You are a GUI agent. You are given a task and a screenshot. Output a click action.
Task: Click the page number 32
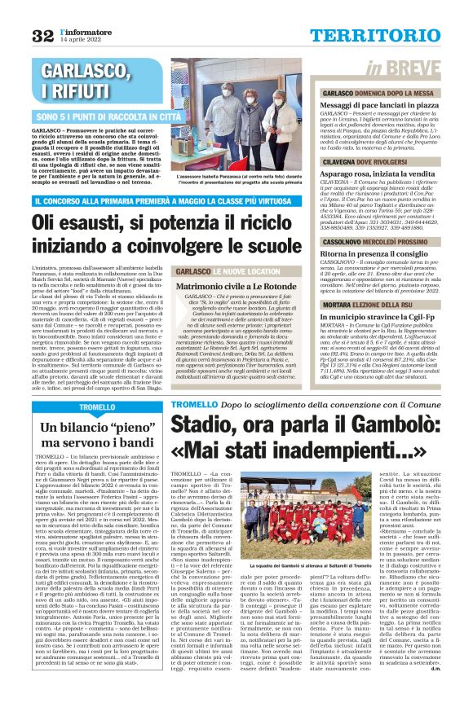click(x=42, y=35)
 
